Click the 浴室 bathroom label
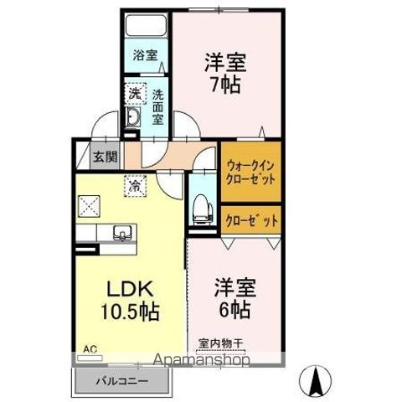pos(146,56)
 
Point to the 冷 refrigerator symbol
pos(133,185)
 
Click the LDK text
pos(126,288)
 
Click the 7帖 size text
pos(220,86)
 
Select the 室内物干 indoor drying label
pos(219,343)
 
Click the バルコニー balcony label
pos(122,381)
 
